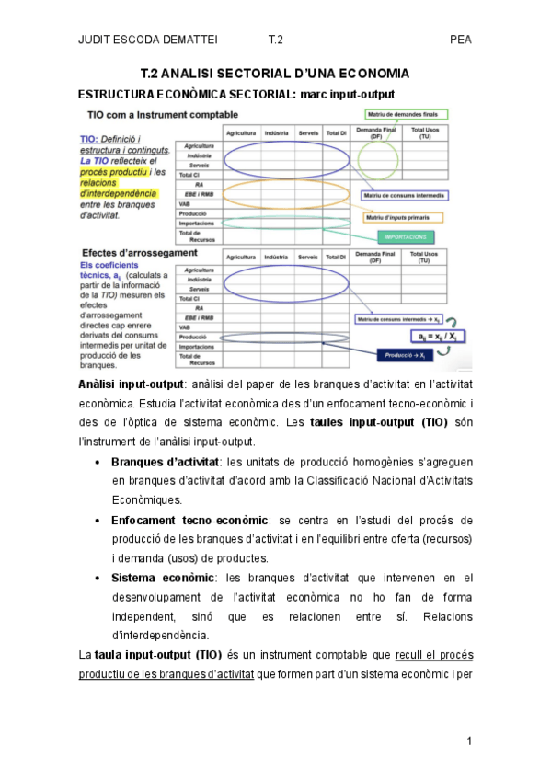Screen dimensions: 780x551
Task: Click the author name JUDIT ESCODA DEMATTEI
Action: tap(142, 40)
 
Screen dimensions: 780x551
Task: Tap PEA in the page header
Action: tap(460, 40)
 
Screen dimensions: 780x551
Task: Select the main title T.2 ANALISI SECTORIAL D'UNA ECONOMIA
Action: tap(274, 73)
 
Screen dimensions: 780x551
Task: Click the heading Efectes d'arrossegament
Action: tap(139, 252)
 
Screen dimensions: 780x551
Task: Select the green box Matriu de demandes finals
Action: tap(406, 114)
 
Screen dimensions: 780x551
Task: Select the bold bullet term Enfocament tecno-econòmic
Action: tap(190, 521)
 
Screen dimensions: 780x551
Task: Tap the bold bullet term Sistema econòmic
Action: tap(163, 578)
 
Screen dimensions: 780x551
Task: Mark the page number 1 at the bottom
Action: tap(468, 740)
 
